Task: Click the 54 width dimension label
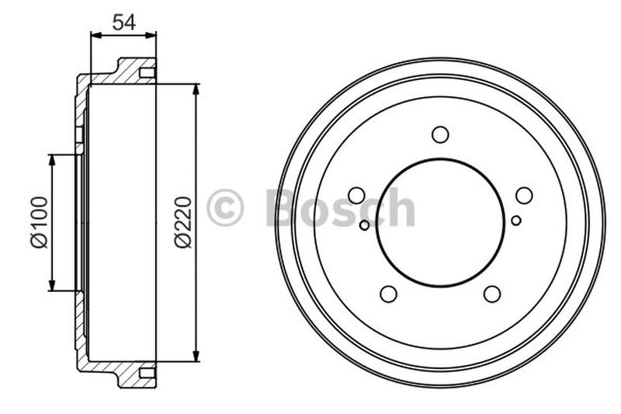coord(123,22)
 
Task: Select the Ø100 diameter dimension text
coord(40,222)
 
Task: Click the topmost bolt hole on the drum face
coord(440,134)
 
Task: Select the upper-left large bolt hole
coord(357,195)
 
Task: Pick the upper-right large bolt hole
coord(524,195)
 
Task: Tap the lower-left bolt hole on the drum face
coord(389,294)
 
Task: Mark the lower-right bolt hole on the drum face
coord(492,294)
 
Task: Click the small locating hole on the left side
coord(365,224)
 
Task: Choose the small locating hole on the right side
coord(516,220)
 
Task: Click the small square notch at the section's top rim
coord(147,73)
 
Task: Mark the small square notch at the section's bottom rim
coord(147,374)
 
